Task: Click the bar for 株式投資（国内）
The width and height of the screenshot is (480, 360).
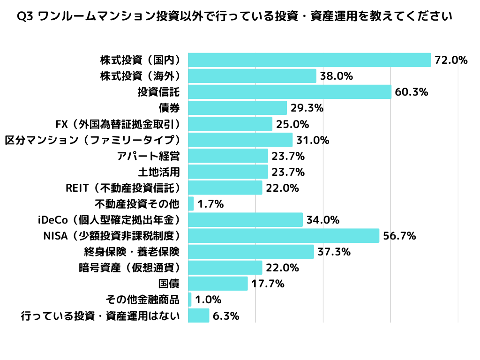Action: (x=309, y=60)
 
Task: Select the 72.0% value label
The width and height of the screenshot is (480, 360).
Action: (x=451, y=60)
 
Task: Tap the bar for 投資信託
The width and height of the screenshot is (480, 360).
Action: (x=290, y=92)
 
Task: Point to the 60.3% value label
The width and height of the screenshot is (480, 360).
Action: (x=412, y=92)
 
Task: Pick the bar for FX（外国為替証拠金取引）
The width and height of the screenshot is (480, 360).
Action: (x=230, y=124)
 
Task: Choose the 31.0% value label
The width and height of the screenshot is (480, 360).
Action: (x=313, y=140)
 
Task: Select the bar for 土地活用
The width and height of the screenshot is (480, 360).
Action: (x=228, y=172)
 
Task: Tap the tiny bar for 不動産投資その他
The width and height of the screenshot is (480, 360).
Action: (x=191, y=203)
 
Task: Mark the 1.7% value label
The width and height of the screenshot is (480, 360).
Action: (x=210, y=204)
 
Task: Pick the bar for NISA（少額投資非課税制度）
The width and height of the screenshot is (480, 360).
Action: (x=284, y=235)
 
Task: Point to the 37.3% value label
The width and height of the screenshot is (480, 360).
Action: (x=334, y=252)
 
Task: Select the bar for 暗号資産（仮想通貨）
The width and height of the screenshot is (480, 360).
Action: (x=225, y=267)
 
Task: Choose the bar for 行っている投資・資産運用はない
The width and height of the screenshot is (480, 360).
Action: (x=199, y=315)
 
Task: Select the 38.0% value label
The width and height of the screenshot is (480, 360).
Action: (x=336, y=76)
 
